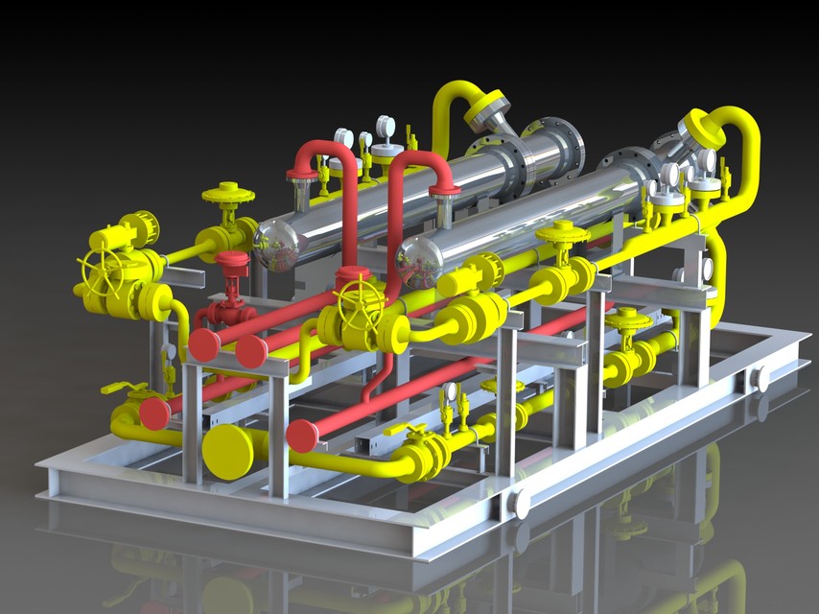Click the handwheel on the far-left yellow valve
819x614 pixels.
pos(102,271)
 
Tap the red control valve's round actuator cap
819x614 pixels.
pos(231,260)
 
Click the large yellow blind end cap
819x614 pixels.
pos(227,450)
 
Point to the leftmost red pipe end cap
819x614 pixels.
pos(154,413)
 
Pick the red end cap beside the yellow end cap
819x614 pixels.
pos(302,436)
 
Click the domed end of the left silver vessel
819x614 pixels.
pos(279,245)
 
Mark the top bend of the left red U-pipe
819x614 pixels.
pos(323,151)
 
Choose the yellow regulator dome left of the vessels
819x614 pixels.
pos(228,194)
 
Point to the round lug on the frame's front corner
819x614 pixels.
pos(520,503)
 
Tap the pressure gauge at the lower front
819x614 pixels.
pos(448,391)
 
